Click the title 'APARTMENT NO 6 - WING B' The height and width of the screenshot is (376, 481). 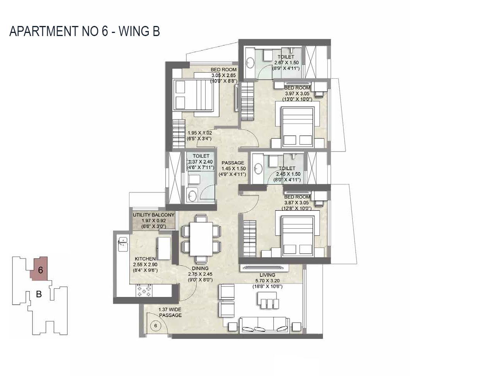(x=84, y=31)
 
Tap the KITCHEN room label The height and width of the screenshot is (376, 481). (x=145, y=259)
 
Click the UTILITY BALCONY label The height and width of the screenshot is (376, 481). (x=154, y=215)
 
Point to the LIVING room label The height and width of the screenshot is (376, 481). (x=267, y=275)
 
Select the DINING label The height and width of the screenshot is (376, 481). (x=200, y=268)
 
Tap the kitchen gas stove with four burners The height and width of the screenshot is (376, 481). (x=144, y=290)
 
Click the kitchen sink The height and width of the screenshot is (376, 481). (x=123, y=244)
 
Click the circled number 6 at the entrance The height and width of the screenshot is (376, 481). (x=155, y=326)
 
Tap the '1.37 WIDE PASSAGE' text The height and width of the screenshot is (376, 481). (x=170, y=312)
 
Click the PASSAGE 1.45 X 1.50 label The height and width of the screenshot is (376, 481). (x=233, y=163)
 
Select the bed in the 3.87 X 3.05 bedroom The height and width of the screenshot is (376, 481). (x=297, y=236)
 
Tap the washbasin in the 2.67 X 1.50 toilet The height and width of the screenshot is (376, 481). (x=251, y=62)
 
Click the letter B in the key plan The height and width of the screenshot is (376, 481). (x=39, y=294)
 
